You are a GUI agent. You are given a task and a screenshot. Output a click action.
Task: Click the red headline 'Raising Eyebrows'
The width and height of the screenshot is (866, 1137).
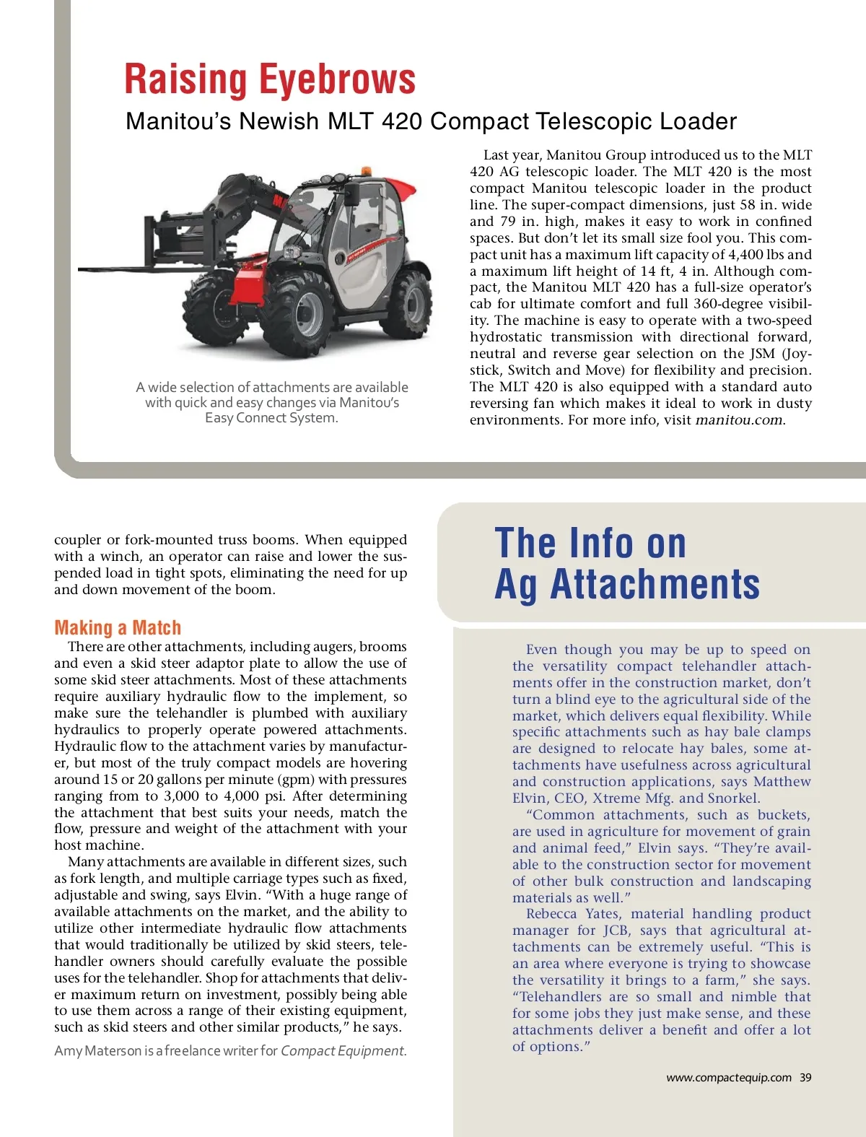270,79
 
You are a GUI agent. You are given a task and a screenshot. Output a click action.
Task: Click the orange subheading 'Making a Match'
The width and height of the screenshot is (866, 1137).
118,627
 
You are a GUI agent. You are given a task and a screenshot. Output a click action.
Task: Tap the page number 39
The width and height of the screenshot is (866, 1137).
805,1077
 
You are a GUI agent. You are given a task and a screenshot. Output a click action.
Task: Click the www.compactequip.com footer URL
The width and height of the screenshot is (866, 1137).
728,1077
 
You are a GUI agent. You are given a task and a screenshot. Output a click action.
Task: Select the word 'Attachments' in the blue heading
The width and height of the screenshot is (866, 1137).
655,584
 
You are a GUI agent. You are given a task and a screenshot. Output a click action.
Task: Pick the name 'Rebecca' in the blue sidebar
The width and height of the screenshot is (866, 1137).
551,914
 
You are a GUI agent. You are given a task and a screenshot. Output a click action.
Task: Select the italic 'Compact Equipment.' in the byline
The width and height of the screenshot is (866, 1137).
344,1051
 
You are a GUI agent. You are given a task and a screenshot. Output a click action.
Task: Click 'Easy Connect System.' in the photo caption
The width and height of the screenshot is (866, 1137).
271,418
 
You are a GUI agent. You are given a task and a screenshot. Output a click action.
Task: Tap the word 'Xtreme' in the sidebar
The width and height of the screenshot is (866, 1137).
616,798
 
